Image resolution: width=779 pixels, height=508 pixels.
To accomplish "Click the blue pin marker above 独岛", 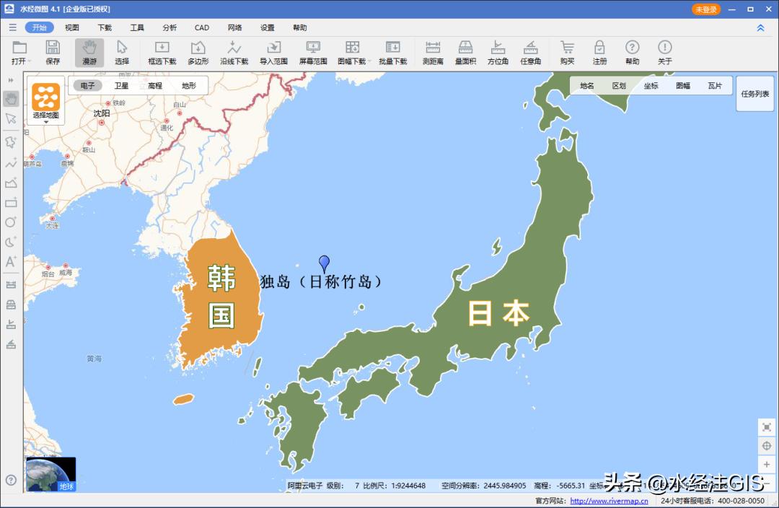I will coord(325,263).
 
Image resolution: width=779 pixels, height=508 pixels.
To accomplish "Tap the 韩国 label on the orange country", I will coord(221,296).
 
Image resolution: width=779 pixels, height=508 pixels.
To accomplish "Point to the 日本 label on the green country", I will coord(498,313).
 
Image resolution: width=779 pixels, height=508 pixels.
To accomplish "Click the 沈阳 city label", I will coord(102,113).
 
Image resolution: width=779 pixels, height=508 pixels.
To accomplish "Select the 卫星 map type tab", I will coord(121,85).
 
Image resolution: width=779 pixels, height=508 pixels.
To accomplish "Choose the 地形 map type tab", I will coord(188,85).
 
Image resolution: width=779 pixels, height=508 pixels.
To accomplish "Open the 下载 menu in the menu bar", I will coord(105,27).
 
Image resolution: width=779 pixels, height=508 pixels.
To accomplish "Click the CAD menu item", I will coord(202,27).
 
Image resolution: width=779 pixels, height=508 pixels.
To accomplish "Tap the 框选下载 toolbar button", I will coord(162,53).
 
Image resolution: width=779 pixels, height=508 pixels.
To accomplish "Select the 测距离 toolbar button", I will coord(433,53).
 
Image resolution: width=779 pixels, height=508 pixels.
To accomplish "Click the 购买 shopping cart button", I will coord(567,53).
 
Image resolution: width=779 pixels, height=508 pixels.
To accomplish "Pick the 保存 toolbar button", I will coord(53,53).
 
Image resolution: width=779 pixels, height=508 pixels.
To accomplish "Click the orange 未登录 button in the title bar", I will coord(705,9).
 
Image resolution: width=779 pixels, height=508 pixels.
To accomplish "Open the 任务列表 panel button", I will coord(754,94).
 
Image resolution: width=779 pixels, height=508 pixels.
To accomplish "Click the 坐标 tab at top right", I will coord(651,85).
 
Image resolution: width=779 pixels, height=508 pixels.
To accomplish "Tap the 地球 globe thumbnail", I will coord(50,474).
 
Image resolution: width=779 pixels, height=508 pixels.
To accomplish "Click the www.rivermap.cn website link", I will coord(609,501).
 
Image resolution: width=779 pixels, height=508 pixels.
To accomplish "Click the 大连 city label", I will coord(52,226).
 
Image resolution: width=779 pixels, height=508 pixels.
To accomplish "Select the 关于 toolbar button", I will coord(664,53).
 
